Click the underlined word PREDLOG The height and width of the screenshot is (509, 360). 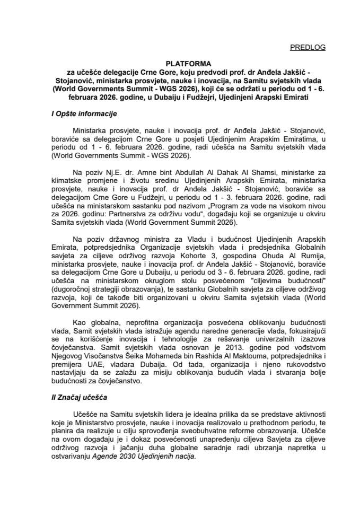(308, 47)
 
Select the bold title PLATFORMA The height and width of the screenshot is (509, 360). (180, 62)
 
